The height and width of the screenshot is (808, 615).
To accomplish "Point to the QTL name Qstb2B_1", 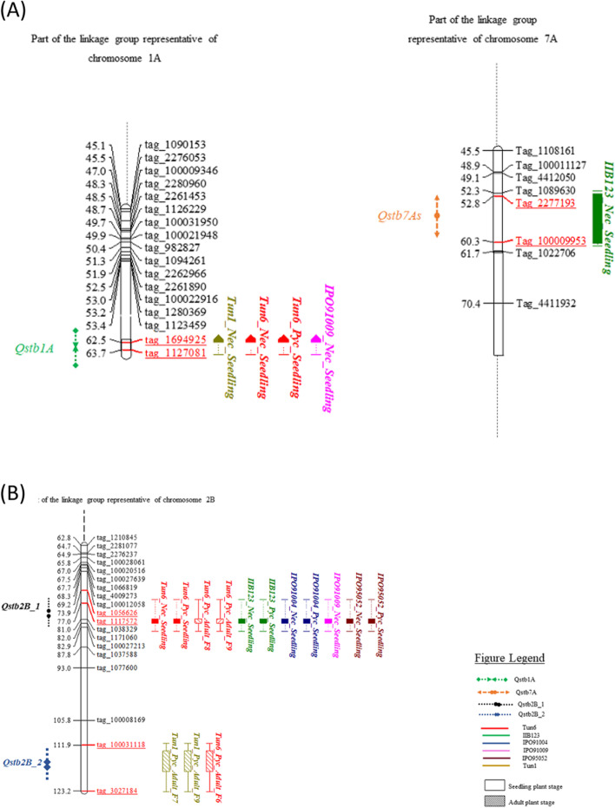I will [22, 607].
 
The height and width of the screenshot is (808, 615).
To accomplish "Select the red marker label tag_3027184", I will [121, 791].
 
